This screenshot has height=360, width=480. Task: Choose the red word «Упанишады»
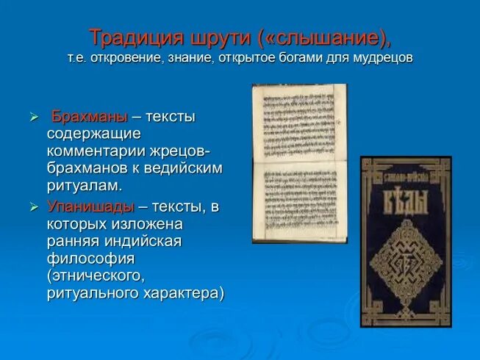91,206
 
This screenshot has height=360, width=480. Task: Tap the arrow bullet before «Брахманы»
33,118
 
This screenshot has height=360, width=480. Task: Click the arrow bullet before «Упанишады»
33,207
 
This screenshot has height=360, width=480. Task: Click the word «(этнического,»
93,276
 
